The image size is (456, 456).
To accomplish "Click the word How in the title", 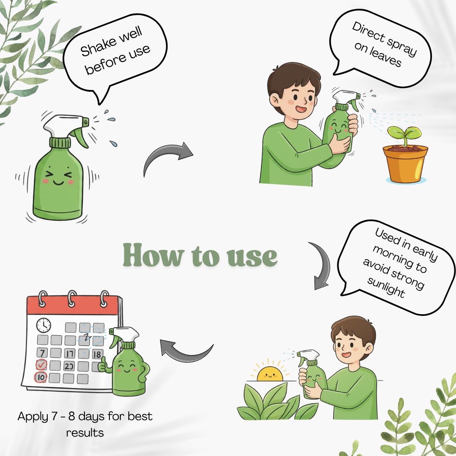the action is [153, 255].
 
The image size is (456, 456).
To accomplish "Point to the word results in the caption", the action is [85, 433].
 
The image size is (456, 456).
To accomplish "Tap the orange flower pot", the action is [405, 164].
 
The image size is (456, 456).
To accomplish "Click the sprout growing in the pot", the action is [404, 136].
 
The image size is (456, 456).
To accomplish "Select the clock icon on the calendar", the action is [43, 325].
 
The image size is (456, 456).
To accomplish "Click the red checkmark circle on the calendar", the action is [41, 364].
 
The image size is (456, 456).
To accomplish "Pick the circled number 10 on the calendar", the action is [41, 377].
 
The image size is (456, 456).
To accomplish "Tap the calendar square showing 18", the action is [97, 354].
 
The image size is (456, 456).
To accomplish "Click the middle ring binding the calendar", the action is [72, 298].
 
